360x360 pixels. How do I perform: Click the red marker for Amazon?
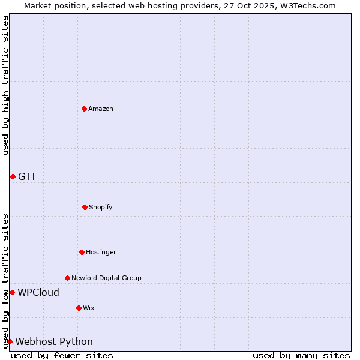[84, 109]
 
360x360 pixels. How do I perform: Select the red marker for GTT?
[13, 176]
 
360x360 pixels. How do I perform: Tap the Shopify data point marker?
[85, 207]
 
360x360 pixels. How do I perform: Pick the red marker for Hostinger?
[82, 252]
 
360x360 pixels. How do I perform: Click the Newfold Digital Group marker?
[67, 278]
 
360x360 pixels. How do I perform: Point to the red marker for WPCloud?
[12, 292]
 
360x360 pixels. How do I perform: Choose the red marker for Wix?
[79, 308]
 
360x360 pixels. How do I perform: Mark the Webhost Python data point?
[10, 341]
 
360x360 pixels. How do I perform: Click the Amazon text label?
[101, 109]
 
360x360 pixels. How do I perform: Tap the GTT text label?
[27, 176]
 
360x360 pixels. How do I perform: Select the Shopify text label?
[101, 207]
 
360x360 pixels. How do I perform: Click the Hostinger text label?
[101, 252]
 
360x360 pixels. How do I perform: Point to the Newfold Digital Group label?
[106, 278]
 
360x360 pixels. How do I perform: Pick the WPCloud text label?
[38, 292]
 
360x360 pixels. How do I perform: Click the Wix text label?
[89, 308]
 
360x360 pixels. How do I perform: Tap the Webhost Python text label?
[54, 341]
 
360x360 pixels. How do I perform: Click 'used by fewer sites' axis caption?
[62, 355]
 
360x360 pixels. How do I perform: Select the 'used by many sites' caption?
[301, 355]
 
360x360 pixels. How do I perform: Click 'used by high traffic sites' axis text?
[5, 85]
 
